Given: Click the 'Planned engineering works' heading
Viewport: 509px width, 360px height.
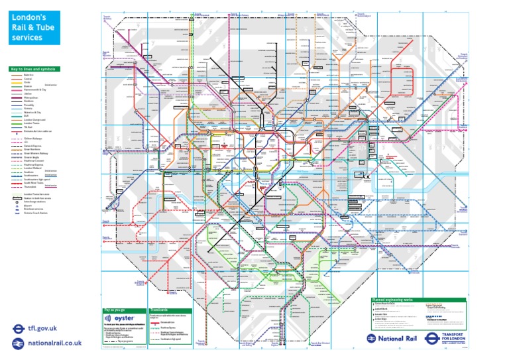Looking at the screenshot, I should (x=398, y=300).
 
